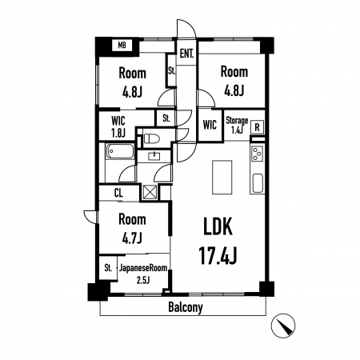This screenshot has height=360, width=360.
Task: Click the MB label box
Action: tap(122, 45)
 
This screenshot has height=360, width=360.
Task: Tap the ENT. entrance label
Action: tap(186, 54)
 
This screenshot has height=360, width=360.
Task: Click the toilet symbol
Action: tap(152, 138)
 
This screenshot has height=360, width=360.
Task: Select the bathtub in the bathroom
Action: tap(120, 151)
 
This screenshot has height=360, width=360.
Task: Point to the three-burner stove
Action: tap(258, 154)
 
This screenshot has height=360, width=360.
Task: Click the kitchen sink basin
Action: tap(258, 183)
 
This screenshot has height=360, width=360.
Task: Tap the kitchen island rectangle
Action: tap(222, 178)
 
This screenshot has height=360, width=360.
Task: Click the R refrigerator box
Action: tap(258, 127)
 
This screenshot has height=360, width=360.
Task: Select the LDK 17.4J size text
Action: tap(218, 256)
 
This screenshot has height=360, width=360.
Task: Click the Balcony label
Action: tap(186, 307)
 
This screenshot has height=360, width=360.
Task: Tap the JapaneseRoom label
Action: tap(143, 268)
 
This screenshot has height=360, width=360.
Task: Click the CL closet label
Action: tap(118, 193)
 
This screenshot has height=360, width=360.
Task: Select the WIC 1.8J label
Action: tap(118, 126)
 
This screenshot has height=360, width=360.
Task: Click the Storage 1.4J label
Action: tap(237, 125)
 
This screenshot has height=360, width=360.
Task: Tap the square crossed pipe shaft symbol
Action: tap(150, 191)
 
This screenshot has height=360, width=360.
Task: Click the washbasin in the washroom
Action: tap(154, 156)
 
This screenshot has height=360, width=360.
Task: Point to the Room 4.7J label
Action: tap(132, 228)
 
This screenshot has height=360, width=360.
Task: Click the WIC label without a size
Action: tap(210, 125)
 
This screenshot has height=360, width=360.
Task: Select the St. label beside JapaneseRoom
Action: tap(108, 267)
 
